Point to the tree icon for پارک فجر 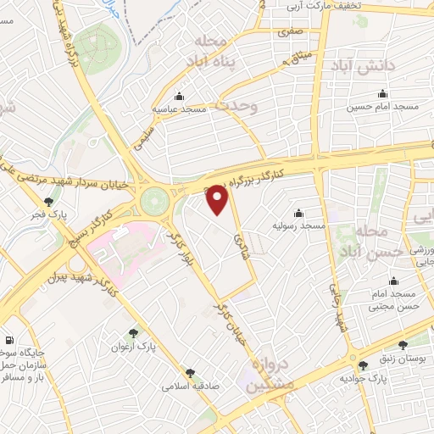tap(49, 203)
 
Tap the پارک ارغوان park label tap(134, 348)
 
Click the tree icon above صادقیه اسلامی tap(190, 371)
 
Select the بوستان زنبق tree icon tap(403, 345)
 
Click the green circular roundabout tap(155, 202)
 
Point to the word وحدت tap(234, 105)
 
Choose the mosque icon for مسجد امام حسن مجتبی tap(392, 281)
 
